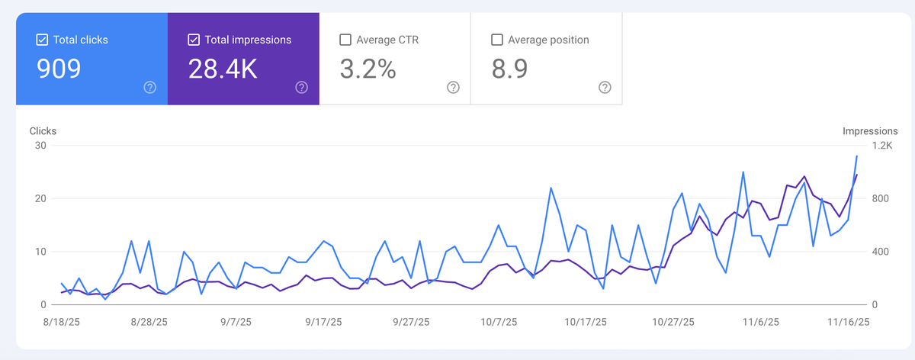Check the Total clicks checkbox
[x=42, y=40]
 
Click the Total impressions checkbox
[x=194, y=40]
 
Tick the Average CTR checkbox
[x=345, y=40]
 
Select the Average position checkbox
[x=496, y=40]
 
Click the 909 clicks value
[x=59, y=69]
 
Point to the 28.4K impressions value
[x=223, y=69]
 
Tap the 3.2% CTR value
[x=368, y=69]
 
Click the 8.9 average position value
[x=509, y=69]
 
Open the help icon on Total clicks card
[x=150, y=88]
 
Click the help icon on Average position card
[x=605, y=88]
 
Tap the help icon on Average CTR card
[x=453, y=88]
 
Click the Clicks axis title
[x=43, y=131]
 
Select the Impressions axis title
[x=870, y=131]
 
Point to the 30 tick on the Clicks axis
[x=40, y=146]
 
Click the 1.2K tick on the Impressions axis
[x=882, y=146]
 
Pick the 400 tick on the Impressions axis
[x=880, y=252]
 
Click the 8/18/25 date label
[x=62, y=322]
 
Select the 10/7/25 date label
[x=499, y=322]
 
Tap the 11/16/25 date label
[x=849, y=322]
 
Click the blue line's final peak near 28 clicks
[x=856, y=156]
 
